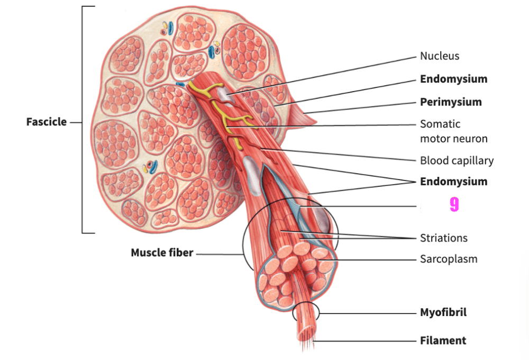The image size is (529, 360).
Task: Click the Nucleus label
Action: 440,56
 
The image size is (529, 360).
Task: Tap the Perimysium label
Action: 451,102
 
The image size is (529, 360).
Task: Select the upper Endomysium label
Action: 454,79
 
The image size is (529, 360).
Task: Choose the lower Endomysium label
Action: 454,182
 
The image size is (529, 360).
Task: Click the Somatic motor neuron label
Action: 454,131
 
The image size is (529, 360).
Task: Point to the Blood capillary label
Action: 457,161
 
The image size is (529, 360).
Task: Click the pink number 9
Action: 454,205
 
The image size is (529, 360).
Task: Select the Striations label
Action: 444,238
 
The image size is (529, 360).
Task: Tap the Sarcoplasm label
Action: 449,259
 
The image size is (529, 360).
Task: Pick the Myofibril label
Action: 443,312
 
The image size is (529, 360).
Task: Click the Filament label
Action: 443,340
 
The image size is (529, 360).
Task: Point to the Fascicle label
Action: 47,122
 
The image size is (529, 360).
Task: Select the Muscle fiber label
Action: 162,253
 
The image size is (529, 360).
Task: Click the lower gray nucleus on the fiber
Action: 252,175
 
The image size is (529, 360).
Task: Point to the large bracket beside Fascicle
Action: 83,120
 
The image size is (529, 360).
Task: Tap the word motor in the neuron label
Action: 434,139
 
